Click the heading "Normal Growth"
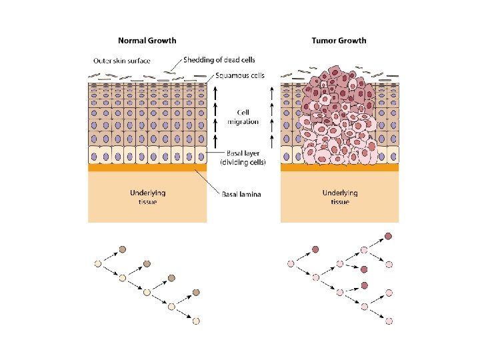coord(147,41)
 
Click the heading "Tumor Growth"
coord(339,41)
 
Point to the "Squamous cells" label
coord(240,76)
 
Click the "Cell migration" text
coord(243,117)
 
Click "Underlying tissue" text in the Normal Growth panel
coord(148,197)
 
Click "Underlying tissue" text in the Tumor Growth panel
coord(340,197)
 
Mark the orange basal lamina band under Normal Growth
coord(147,168)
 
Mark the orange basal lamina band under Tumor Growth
coord(339,168)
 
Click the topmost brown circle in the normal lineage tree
coord(123,250)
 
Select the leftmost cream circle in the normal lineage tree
coord(98,264)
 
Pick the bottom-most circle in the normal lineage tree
coord(196,321)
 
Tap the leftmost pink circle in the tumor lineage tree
coord(291,264)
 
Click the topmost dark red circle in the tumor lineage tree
coord(389,236)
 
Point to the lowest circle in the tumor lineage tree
coord(389,321)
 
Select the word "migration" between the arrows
coord(243,122)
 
